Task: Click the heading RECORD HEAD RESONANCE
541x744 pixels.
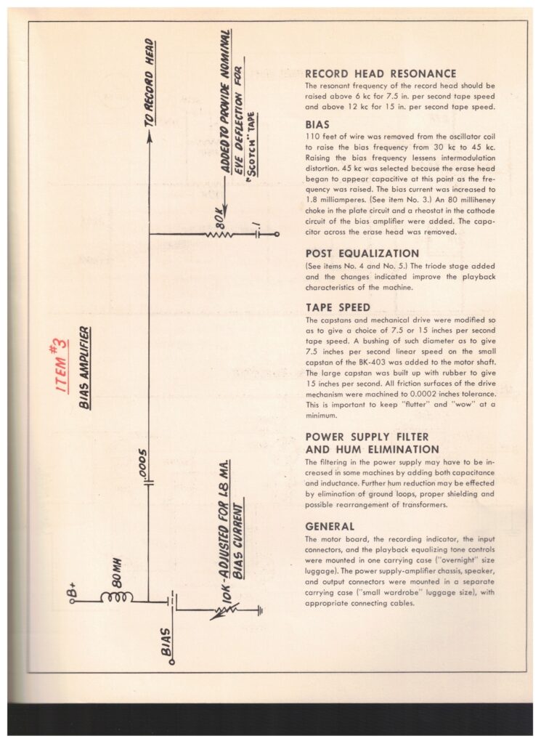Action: pyautogui.click(x=381, y=73)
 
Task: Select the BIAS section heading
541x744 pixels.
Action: pyautogui.click(x=317, y=124)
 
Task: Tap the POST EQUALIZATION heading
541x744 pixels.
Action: pyautogui.click(x=362, y=254)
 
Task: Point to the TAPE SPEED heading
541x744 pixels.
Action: pyautogui.click(x=338, y=307)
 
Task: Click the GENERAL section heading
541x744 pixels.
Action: pyautogui.click(x=330, y=526)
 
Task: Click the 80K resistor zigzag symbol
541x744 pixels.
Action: pyautogui.click(x=217, y=235)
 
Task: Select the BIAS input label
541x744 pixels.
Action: pyautogui.click(x=166, y=641)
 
